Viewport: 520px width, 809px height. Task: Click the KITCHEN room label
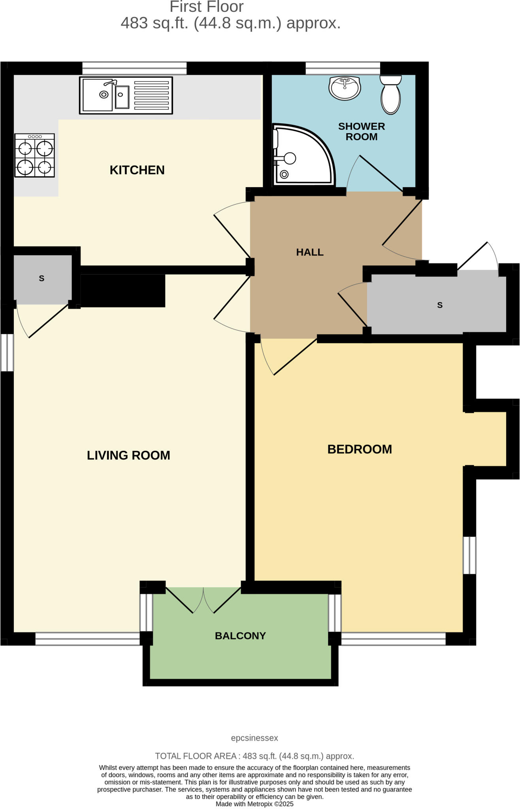[137, 170]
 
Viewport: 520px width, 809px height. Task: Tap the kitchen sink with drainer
[126, 95]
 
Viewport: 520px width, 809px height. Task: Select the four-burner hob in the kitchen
[34, 155]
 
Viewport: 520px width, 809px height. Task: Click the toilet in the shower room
[390, 95]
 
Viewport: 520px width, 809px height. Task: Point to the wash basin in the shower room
[345, 88]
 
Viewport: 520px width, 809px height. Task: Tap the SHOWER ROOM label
[361, 132]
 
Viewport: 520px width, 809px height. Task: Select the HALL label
[310, 252]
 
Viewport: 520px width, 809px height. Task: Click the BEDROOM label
[360, 449]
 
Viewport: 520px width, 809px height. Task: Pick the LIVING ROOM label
[128, 455]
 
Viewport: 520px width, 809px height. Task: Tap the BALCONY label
[240, 636]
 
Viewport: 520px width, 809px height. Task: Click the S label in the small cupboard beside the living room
[41, 278]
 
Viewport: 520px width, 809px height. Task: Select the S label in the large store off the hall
[440, 305]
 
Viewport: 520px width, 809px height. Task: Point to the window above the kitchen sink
[134, 68]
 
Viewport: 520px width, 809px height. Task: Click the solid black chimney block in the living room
[122, 291]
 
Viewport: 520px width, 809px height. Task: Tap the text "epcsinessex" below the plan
[254, 738]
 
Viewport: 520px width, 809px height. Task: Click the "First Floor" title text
[206, 7]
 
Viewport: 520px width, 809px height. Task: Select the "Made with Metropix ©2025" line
[254, 804]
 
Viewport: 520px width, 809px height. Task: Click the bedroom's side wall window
[469, 555]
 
